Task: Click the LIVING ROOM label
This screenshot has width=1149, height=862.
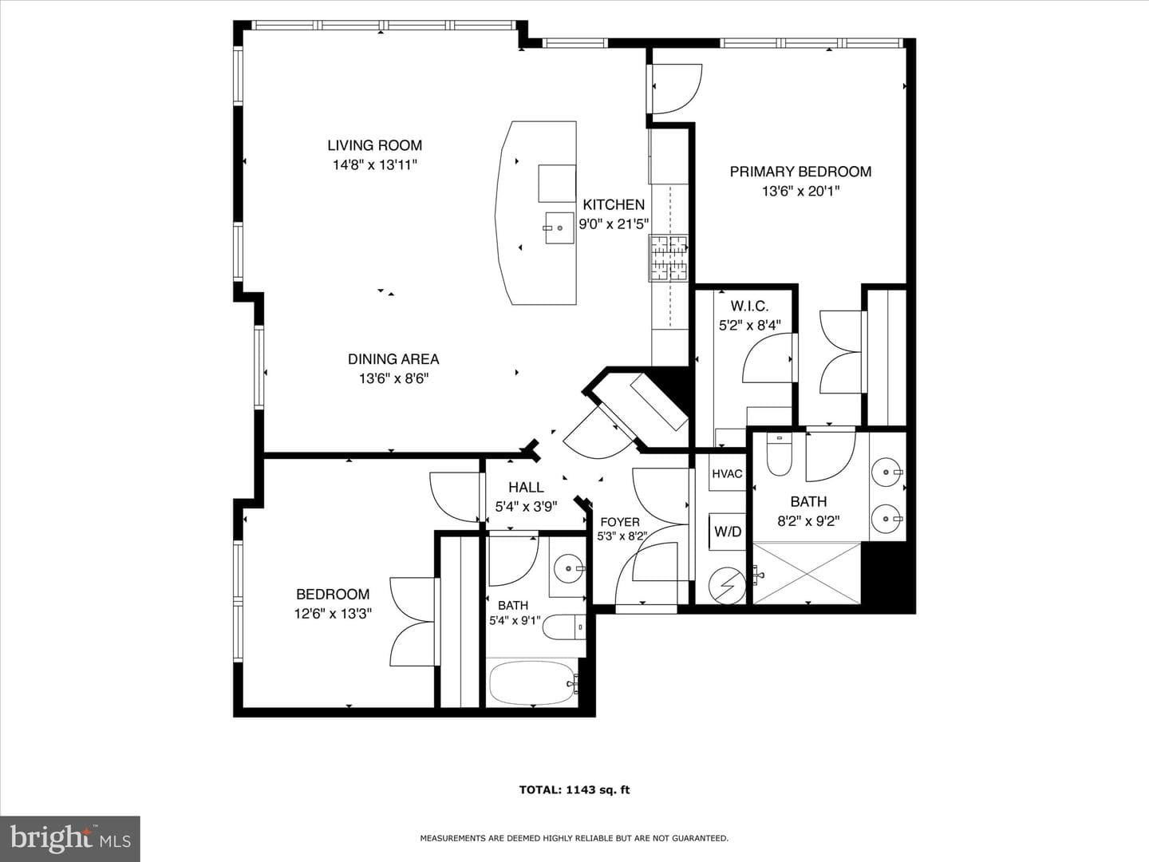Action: (375, 145)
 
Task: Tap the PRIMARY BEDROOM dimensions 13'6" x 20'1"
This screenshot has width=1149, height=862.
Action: (800, 191)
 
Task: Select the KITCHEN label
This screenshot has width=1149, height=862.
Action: (614, 204)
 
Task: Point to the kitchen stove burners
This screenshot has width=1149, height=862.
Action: (669, 258)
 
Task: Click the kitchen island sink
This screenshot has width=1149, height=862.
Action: (559, 227)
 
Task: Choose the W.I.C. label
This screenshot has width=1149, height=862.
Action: (749, 306)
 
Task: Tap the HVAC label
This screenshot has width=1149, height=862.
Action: (727, 473)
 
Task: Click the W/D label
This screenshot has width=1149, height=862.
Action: (728, 532)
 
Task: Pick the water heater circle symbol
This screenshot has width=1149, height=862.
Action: (727, 586)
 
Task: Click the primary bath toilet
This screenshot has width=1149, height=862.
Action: (779, 454)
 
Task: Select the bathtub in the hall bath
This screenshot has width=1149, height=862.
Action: (533, 683)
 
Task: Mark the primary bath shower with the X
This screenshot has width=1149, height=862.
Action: (807, 573)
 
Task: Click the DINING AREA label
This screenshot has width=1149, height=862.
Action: (393, 359)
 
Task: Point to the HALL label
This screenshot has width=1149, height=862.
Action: (526, 487)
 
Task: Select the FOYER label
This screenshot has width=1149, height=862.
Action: (620, 522)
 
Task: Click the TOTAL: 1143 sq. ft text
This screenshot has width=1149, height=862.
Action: (574, 790)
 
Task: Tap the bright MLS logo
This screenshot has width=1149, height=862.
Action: (69, 838)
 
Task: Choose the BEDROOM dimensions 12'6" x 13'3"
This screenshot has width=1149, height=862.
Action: (333, 613)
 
